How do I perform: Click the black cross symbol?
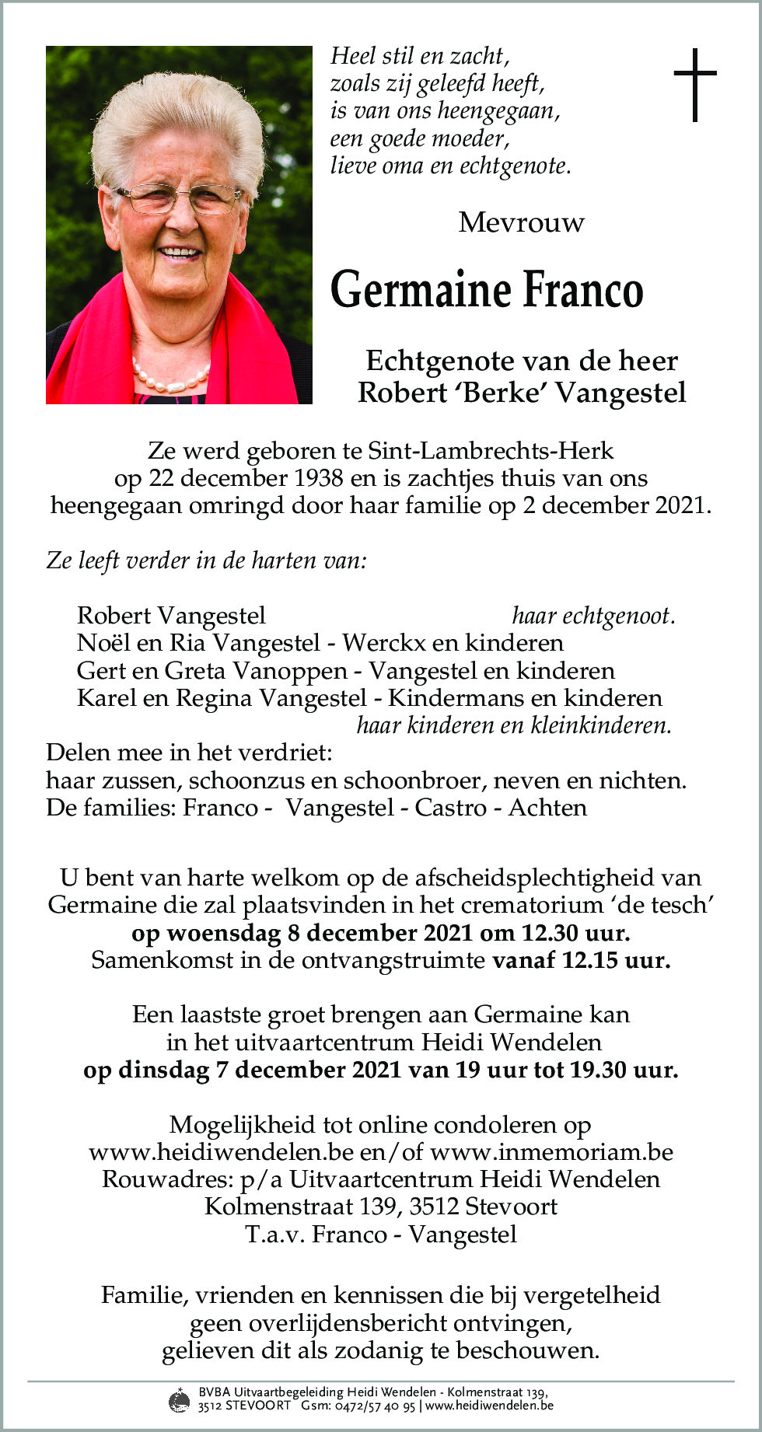694,85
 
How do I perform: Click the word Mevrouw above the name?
521,223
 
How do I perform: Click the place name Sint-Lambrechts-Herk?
490,451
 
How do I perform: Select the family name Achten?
547,808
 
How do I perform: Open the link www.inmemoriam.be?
551,1152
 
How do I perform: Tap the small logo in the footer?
180,1400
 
